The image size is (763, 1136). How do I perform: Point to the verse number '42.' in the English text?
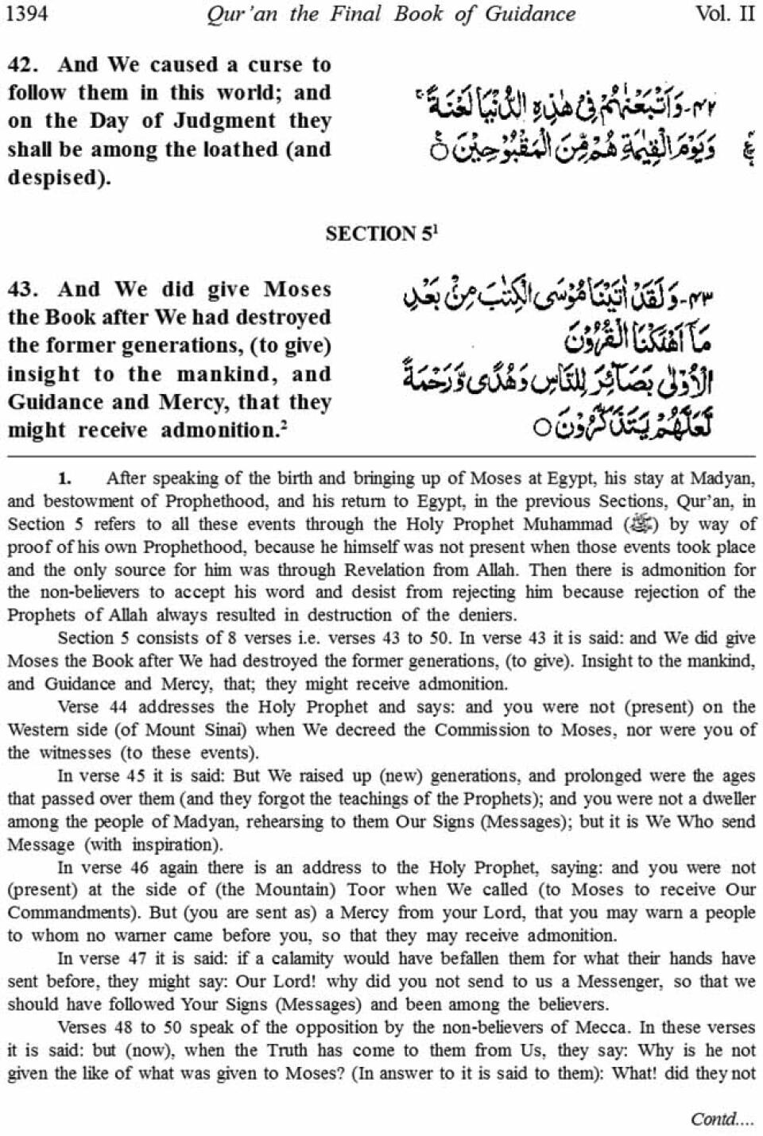[x=25, y=64]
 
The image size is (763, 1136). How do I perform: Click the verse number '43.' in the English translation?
[x=25, y=289]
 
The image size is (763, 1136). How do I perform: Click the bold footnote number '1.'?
[x=64, y=478]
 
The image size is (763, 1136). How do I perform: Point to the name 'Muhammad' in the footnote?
[x=567, y=524]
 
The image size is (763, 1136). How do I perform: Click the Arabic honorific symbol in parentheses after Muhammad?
[x=640, y=524]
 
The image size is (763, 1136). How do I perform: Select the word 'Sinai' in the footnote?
[x=238, y=730]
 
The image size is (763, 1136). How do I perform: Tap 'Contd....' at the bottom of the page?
[x=720, y=1119]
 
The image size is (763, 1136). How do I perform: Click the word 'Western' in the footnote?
[x=36, y=730]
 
